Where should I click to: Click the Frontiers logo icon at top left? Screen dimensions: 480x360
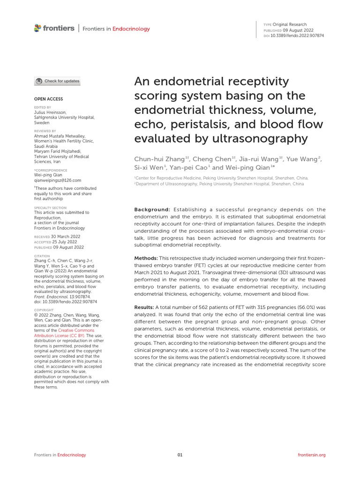point(38,28)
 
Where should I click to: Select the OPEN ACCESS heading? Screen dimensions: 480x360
point(48,99)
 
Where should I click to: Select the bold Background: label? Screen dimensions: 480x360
point(152,210)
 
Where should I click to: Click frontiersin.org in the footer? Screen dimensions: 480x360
point(312,455)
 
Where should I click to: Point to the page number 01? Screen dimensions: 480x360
point(180,455)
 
